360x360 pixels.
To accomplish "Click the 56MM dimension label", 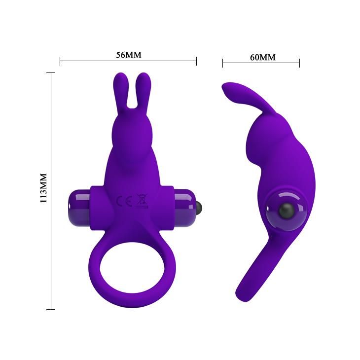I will [x=128, y=55].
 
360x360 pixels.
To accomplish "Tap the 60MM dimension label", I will [x=262, y=57].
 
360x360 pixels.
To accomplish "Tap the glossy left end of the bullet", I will [x=75, y=202].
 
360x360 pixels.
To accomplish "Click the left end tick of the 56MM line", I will [x=60, y=62].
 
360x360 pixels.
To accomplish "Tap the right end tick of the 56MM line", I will [x=196, y=62].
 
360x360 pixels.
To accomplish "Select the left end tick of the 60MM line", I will [x=222, y=63].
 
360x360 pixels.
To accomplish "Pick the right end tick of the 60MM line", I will [x=299, y=63].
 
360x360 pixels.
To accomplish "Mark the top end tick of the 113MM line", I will [x=51, y=72].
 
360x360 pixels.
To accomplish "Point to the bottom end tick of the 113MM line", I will [x=51, y=309].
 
